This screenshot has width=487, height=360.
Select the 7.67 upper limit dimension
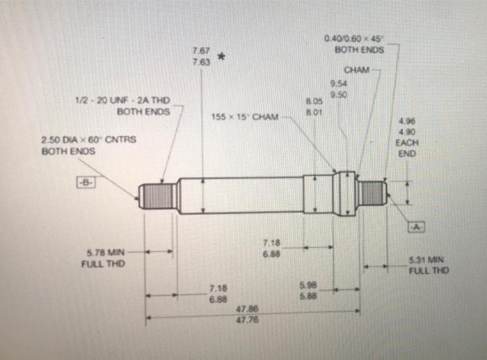pos(201,51)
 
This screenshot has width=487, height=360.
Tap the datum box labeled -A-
pos(417,227)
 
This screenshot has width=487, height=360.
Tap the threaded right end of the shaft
pos(372,191)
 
